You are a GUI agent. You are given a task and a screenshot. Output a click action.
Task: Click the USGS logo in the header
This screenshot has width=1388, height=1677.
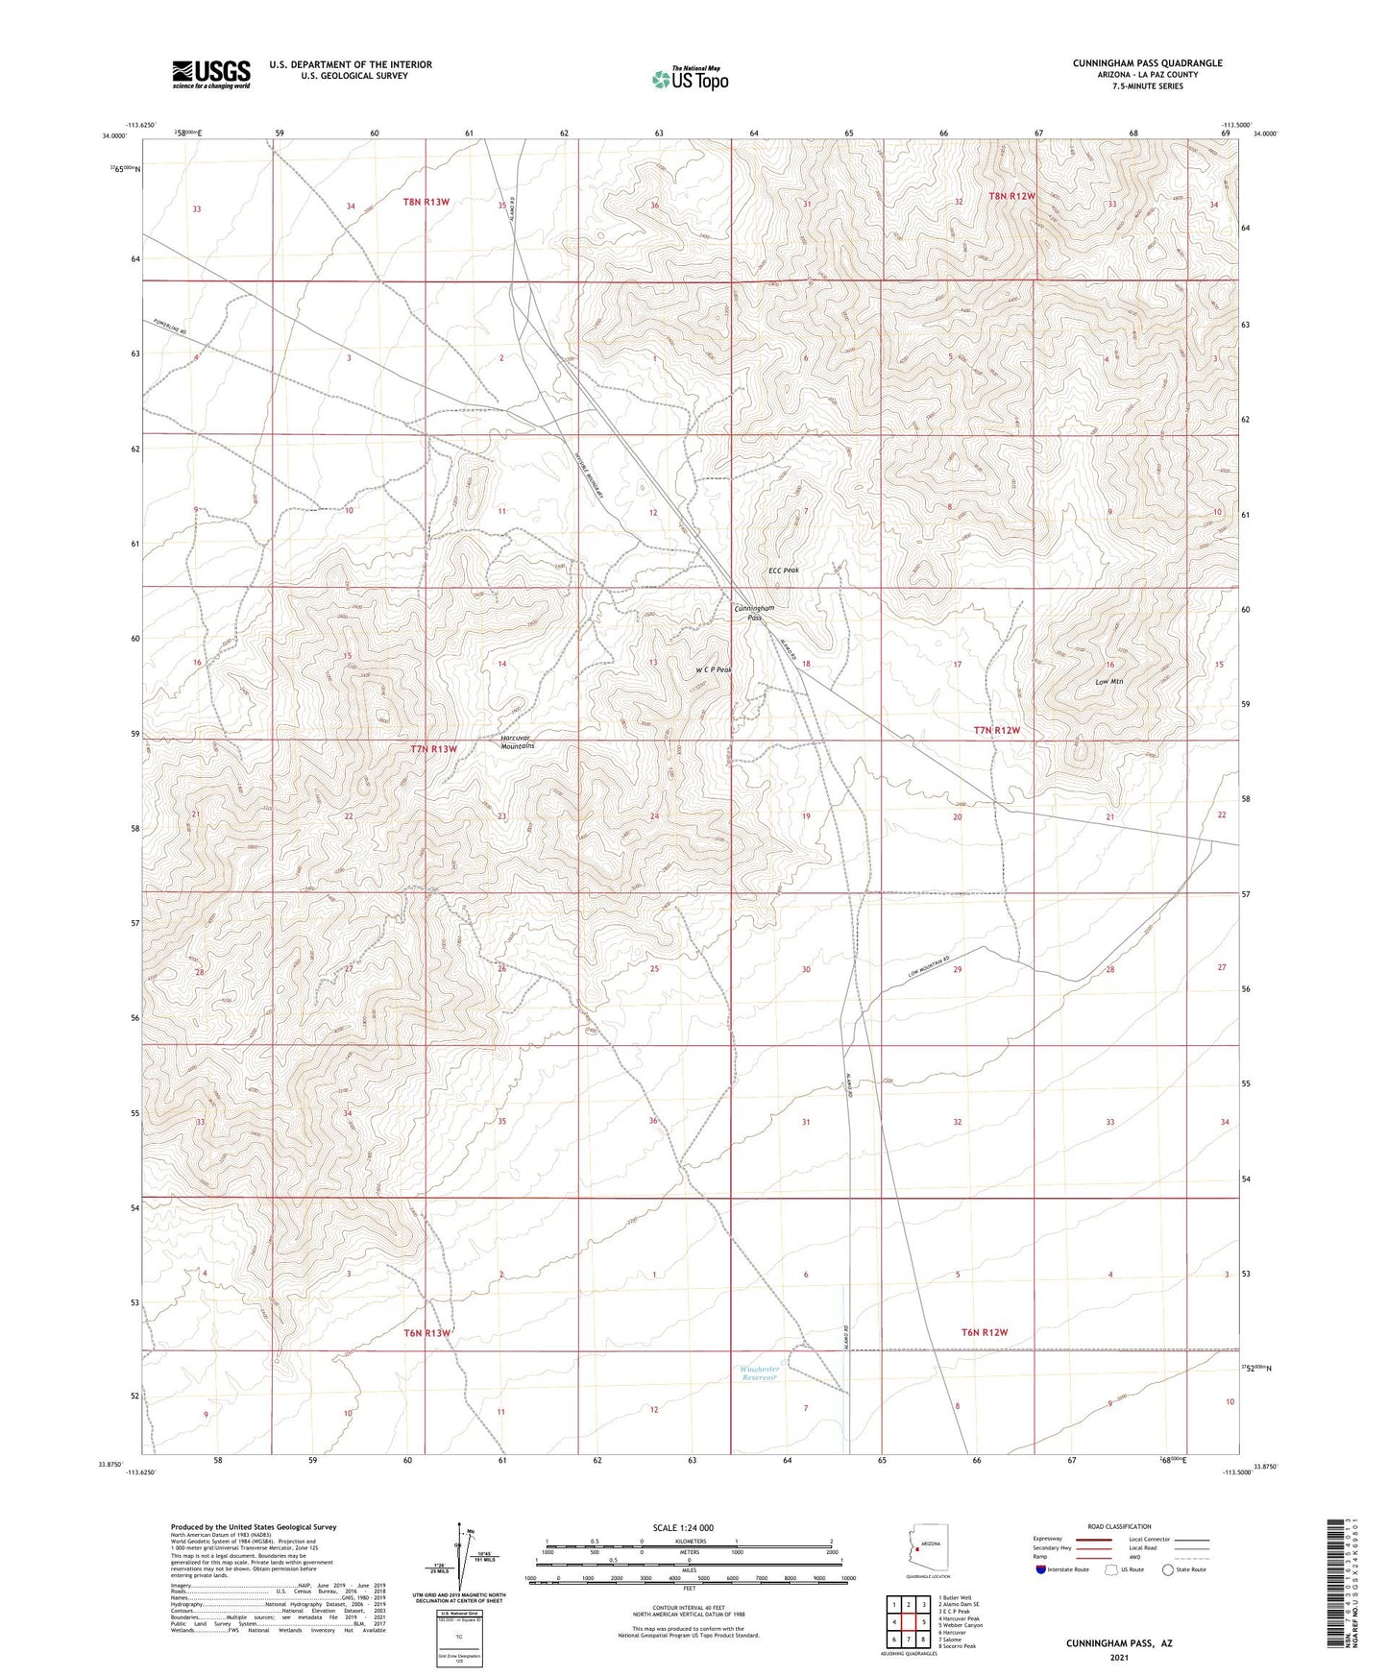pyautogui.click(x=210, y=74)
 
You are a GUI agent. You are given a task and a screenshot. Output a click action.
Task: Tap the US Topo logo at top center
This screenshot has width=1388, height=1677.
pyautogui.click(x=690, y=78)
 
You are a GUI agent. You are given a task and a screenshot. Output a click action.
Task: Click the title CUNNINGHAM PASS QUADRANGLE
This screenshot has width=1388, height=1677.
pyautogui.click(x=1147, y=63)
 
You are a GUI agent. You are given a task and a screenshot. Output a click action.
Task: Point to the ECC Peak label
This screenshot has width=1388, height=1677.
pyautogui.click(x=783, y=571)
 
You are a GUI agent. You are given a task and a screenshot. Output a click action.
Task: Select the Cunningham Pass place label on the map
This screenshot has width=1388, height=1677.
pyautogui.click(x=754, y=613)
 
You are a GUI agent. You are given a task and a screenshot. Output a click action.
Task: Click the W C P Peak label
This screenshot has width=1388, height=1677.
pyautogui.click(x=714, y=669)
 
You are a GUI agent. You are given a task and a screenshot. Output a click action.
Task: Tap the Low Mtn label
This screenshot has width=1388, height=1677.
pyautogui.click(x=1109, y=682)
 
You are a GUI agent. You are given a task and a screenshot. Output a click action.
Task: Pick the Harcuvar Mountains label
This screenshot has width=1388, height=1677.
pyautogui.click(x=518, y=741)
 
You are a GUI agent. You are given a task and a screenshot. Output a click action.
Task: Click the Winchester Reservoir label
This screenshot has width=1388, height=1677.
pyautogui.click(x=760, y=1373)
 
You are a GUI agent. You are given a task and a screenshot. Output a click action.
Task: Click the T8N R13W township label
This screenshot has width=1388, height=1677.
pyautogui.click(x=426, y=202)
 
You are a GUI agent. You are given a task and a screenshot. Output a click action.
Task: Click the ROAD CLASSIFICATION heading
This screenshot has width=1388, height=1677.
pyautogui.click(x=1119, y=1526)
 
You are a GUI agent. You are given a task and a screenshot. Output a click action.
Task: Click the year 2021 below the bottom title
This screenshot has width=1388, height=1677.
pyautogui.click(x=1118, y=1658)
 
